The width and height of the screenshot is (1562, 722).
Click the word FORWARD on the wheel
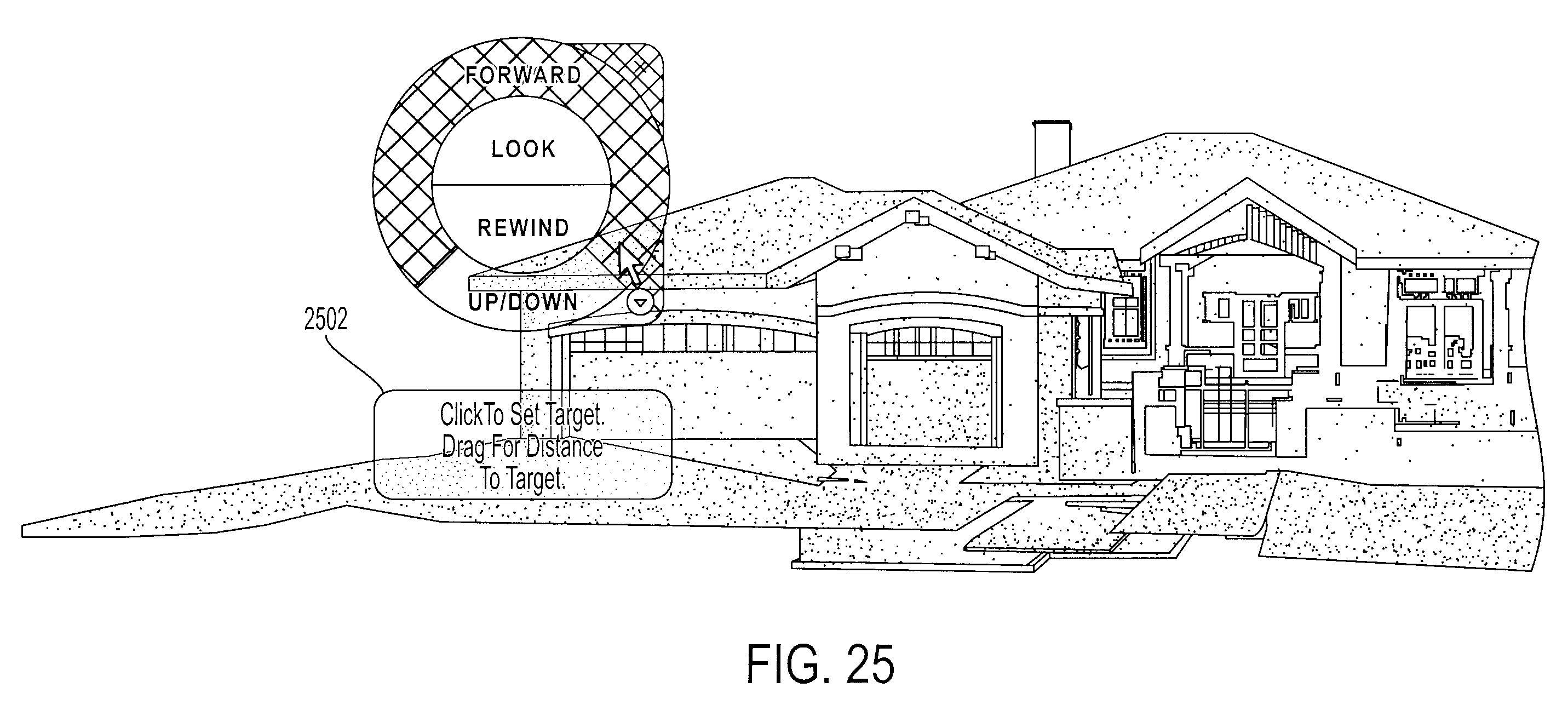pos(523,75)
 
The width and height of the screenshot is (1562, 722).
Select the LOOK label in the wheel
pos(523,149)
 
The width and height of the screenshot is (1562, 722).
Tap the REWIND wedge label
pos(523,228)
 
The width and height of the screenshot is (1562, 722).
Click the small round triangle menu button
pos(640,302)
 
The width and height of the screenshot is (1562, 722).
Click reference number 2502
pos(326,320)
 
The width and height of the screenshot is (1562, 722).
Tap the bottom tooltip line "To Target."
pos(522,479)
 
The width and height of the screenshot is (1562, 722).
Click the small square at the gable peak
pos(912,216)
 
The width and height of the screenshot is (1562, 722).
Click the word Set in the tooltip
pos(525,415)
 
